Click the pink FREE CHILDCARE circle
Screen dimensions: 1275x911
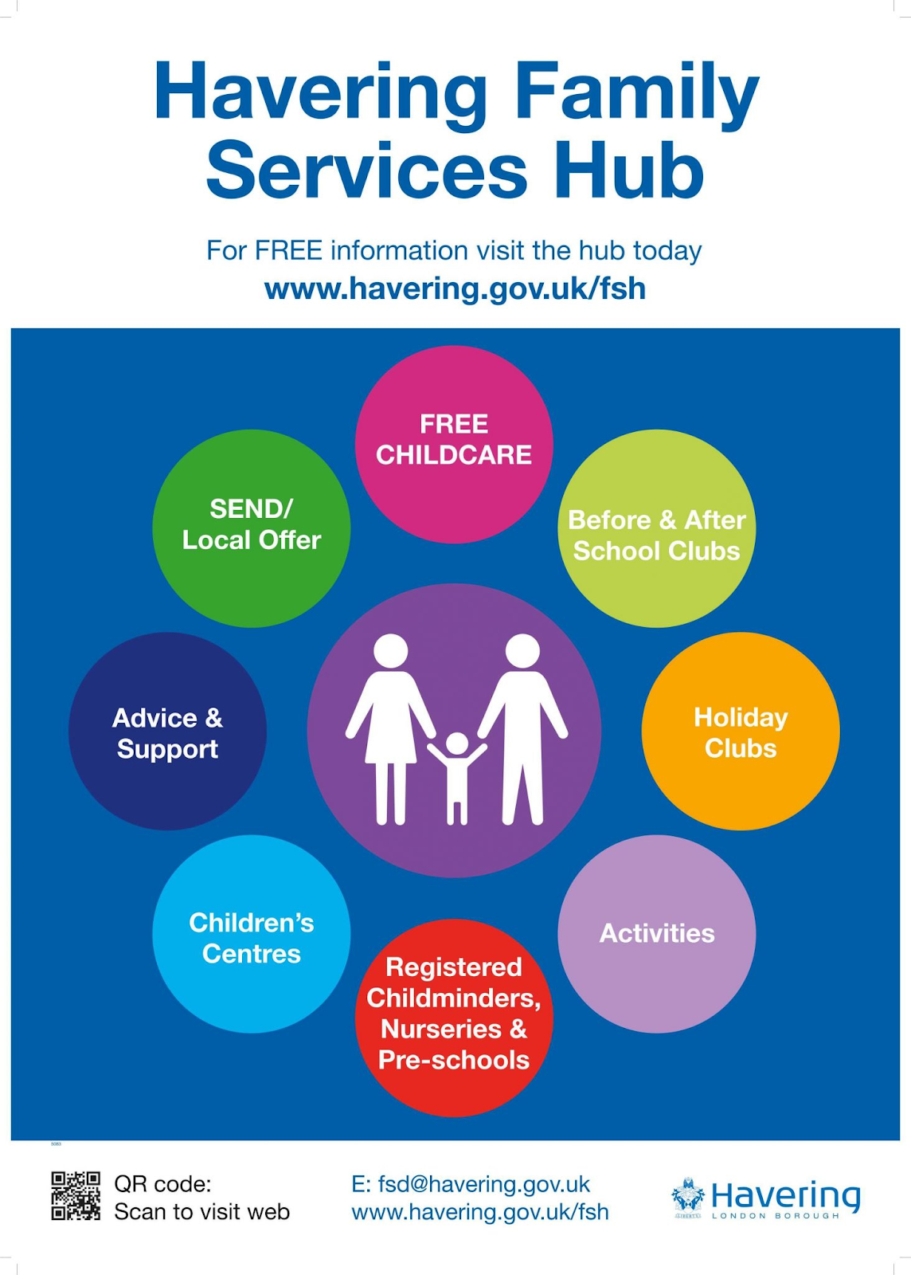click(x=454, y=444)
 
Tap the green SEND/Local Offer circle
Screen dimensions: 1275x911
click(x=251, y=528)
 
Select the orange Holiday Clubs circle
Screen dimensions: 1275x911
click(x=740, y=731)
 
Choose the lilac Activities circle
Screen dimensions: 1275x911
click(x=656, y=933)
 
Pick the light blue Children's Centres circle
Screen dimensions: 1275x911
click(x=251, y=933)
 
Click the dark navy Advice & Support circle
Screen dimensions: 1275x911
click(x=167, y=731)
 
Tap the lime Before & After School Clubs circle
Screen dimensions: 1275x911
click(x=656, y=528)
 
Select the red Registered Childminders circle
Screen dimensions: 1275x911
click(x=454, y=1017)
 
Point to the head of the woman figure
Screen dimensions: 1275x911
click(x=391, y=650)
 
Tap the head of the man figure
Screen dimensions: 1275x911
click(x=522, y=650)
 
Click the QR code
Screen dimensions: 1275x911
click(x=76, y=1195)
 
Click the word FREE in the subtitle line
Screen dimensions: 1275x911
click(x=288, y=250)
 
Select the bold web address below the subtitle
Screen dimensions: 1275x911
click(x=455, y=288)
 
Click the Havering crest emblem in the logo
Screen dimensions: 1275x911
click(x=688, y=1197)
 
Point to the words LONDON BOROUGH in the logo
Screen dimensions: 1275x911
click(x=775, y=1216)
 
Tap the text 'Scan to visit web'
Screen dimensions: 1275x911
click(x=201, y=1212)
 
